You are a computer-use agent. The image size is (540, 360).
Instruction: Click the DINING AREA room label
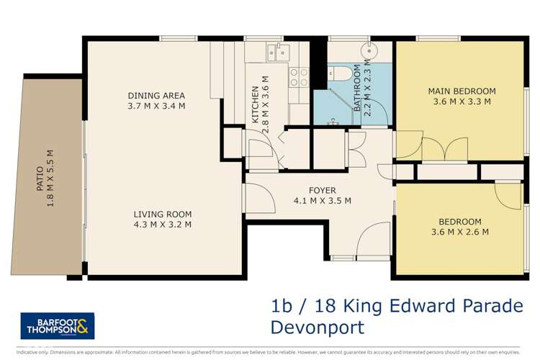156,95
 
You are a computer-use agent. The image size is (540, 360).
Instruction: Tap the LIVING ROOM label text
163,214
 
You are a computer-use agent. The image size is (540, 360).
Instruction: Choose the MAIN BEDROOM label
462,91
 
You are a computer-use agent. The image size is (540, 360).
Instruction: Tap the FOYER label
322,190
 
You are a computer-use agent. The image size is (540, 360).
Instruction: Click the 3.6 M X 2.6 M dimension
459,232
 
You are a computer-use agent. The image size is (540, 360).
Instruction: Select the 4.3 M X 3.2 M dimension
163,225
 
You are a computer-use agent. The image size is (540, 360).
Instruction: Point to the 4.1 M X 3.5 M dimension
322,201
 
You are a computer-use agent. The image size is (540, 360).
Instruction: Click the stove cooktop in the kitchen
299,77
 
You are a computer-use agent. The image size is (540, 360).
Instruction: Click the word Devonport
317,328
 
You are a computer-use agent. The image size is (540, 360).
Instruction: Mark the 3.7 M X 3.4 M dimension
156,106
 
